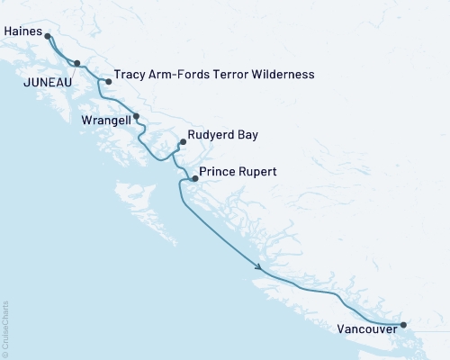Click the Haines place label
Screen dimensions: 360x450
click(22, 30)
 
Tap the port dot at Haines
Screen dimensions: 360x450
click(48, 37)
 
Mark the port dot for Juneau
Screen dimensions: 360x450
click(77, 63)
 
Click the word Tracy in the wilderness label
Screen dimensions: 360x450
click(130, 75)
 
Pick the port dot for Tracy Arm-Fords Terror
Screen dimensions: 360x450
click(109, 82)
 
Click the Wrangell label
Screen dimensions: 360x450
click(102, 120)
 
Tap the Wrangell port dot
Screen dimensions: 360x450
click(136, 115)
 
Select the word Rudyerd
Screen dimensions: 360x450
click(211, 136)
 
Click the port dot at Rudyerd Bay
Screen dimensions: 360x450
click(183, 141)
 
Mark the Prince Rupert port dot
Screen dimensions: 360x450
click(194, 179)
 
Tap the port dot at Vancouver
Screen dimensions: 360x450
click(403, 324)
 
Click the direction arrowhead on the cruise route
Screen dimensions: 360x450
click(259, 267)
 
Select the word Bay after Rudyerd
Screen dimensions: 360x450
click(247, 136)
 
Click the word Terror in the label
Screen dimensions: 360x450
click(221, 75)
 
